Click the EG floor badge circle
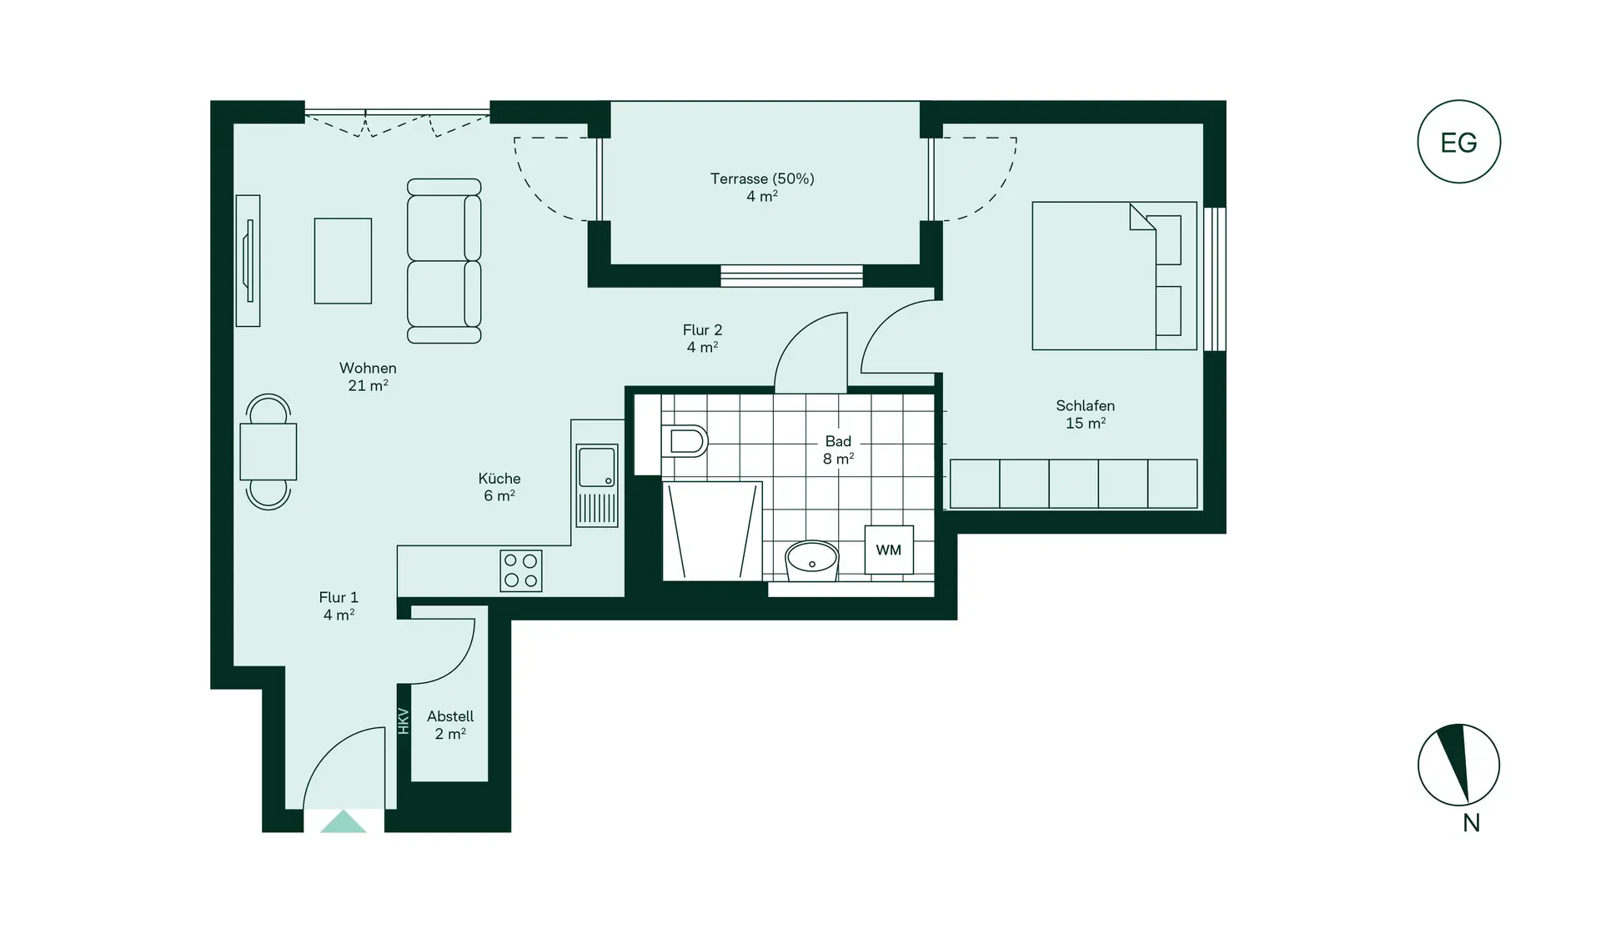[1458, 142]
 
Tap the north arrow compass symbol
[1458, 765]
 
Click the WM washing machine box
[889, 550]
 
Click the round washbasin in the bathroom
[812, 560]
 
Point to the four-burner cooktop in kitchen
[521, 571]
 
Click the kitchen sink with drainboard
[597, 485]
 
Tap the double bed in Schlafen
[1114, 276]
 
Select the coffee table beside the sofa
[343, 261]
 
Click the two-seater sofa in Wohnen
[444, 261]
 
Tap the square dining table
[268, 451]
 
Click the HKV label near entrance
[404, 721]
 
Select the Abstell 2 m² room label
[450, 725]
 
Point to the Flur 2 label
[702, 338]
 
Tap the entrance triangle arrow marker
[344, 822]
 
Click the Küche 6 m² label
[499, 486]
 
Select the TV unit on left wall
[248, 261]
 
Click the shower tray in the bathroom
[712, 531]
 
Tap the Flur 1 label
[339, 605]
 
